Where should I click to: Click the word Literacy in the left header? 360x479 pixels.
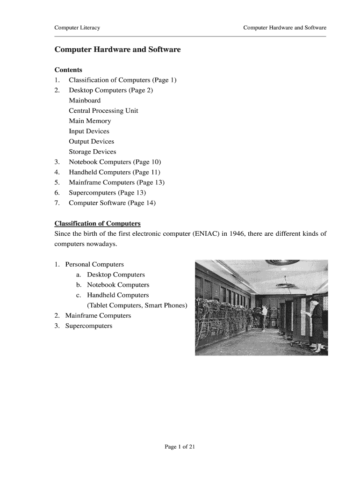[90, 28]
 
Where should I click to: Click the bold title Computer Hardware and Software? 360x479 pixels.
[117, 49]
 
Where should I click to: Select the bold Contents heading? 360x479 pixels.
[68, 70]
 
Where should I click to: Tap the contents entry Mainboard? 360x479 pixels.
[85, 101]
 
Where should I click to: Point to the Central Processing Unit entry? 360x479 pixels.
[103, 111]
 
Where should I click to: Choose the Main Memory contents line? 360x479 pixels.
[90, 121]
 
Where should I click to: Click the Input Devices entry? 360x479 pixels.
[89, 131]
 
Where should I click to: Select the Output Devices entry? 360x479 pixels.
[91, 141]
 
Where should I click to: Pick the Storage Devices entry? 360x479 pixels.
[92, 152]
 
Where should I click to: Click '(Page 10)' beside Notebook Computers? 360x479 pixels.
[147, 162]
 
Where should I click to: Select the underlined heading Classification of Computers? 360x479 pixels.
[97, 224]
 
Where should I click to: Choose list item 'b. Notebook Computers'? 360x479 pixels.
[113, 285]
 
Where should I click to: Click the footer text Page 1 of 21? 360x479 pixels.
[180, 447]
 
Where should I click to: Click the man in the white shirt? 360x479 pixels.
[265, 314]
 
